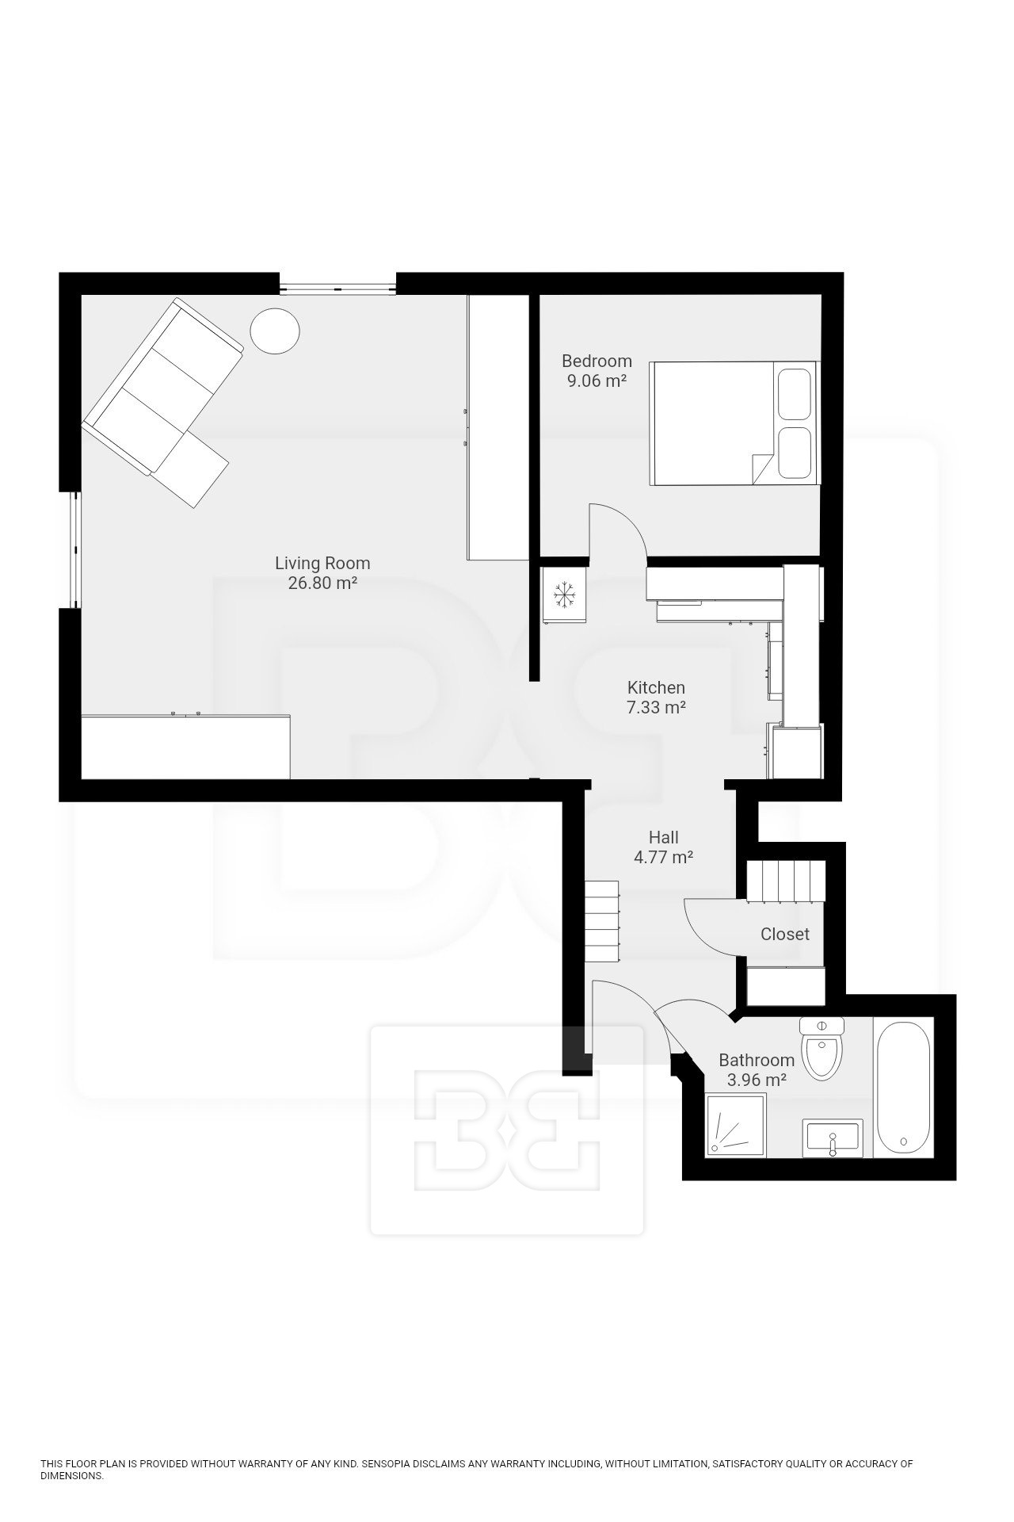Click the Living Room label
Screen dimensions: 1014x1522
coord(322,564)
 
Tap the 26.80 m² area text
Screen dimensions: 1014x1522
coord(322,584)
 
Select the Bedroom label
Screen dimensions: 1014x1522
coord(597,361)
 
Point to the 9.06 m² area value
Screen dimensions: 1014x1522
coord(597,381)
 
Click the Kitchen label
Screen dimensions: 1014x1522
coord(656,687)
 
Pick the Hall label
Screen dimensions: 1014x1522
coord(664,837)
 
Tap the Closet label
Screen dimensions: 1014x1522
coord(785,934)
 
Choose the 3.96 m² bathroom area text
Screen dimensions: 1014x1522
coord(757,1080)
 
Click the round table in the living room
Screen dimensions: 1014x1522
coord(275,330)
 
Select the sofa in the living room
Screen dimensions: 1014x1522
coord(162,402)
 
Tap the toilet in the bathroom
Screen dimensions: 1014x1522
coord(823,1049)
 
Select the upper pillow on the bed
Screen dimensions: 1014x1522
coord(795,393)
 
